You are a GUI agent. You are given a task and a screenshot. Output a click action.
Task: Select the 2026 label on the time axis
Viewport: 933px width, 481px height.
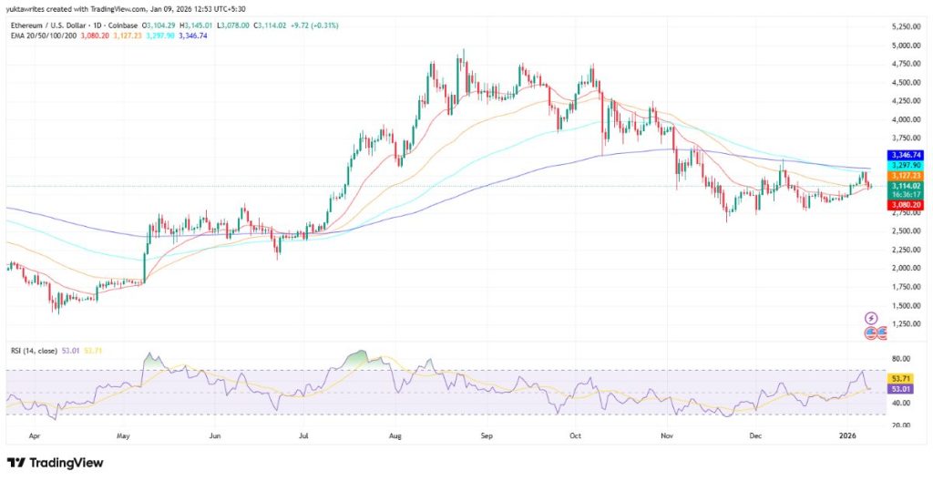pyautogui.click(x=847, y=435)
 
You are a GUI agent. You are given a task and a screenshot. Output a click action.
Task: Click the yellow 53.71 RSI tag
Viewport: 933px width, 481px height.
pyautogui.click(x=899, y=377)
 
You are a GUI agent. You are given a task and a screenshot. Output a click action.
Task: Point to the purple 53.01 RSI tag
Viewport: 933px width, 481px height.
pyautogui.click(x=899, y=388)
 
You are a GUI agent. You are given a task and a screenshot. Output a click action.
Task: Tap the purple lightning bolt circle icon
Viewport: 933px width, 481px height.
pyautogui.click(x=871, y=318)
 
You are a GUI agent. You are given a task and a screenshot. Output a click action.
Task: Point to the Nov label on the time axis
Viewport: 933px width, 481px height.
pyautogui.click(x=668, y=435)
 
